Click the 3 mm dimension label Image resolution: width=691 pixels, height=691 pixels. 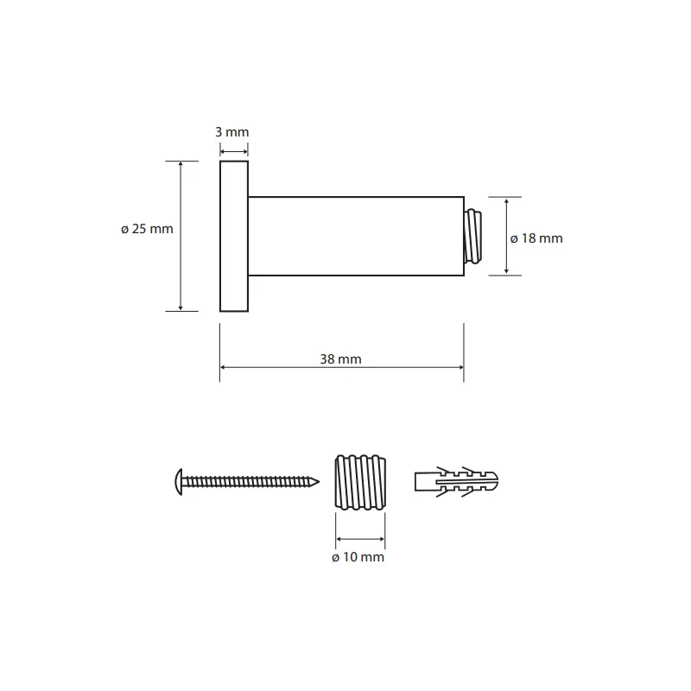tap(231, 132)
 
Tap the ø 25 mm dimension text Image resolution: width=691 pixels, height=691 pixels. tap(147, 229)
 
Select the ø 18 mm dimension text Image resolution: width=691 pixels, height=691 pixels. tap(536, 238)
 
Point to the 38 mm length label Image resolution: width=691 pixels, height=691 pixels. tap(340, 359)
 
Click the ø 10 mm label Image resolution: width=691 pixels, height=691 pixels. tap(358, 557)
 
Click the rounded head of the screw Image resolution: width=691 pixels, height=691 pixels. tap(179, 482)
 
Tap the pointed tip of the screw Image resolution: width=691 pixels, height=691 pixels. tap(319, 482)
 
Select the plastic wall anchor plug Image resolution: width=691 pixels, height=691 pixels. tap(457, 482)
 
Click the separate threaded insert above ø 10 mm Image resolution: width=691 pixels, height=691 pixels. tap(360, 482)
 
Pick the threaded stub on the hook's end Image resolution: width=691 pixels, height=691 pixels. tap(472, 236)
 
